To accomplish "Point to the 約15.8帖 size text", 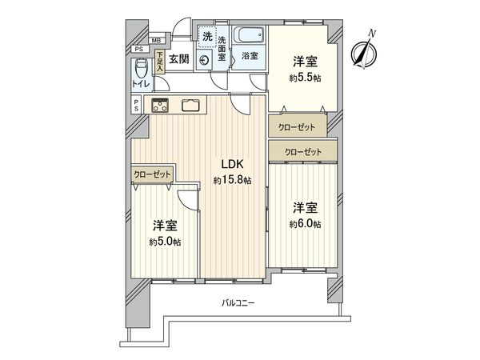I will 232,182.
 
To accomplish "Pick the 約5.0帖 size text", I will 163,241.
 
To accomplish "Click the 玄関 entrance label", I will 180,58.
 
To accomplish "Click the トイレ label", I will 141,82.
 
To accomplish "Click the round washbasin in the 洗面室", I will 204,58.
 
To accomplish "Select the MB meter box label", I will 156,41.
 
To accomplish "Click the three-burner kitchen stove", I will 160,106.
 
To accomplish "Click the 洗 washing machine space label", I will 206,36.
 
